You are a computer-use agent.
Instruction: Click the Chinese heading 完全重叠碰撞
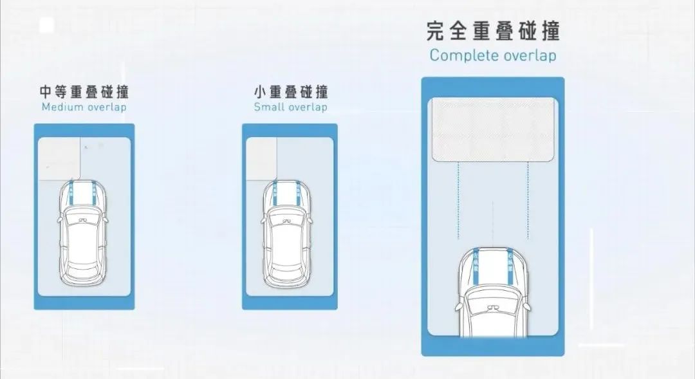(x=493, y=30)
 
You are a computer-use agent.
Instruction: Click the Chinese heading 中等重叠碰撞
(x=84, y=91)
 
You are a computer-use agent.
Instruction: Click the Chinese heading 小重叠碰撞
(x=291, y=91)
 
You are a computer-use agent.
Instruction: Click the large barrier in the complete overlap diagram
(x=493, y=129)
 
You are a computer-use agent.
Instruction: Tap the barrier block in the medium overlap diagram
(x=60, y=158)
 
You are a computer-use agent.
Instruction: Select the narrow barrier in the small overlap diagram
(x=261, y=158)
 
